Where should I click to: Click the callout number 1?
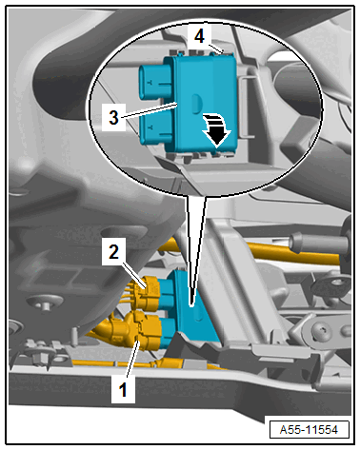click(x=123, y=389)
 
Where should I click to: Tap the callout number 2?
click(x=113, y=252)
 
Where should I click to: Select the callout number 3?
click(x=113, y=118)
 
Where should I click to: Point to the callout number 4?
click(x=199, y=36)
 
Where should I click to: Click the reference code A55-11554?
click(x=309, y=430)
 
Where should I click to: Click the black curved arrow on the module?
click(x=216, y=130)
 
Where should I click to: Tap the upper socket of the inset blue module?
click(x=155, y=82)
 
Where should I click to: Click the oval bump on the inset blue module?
click(x=196, y=104)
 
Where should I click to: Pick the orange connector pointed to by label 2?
click(x=146, y=293)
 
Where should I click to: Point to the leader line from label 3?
click(x=149, y=110)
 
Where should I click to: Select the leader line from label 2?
click(x=134, y=274)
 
